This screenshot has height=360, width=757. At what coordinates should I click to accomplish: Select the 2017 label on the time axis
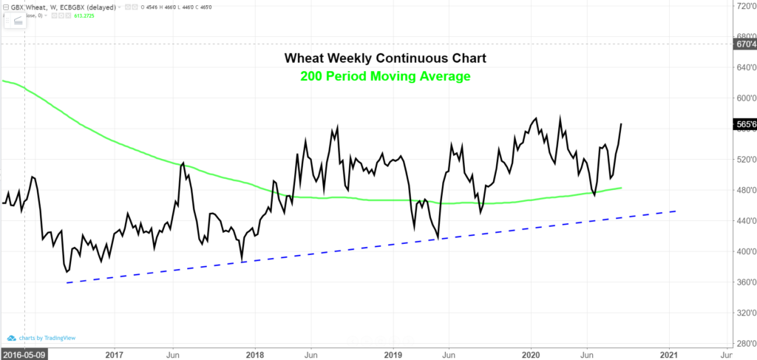pyautogui.click(x=114, y=353)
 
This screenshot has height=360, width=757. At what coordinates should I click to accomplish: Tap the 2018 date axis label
pyautogui.click(x=255, y=353)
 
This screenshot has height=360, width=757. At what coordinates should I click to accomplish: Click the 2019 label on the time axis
pyautogui.click(x=393, y=353)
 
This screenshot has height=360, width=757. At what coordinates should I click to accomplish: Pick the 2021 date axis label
pyautogui.click(x=671, y=353)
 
